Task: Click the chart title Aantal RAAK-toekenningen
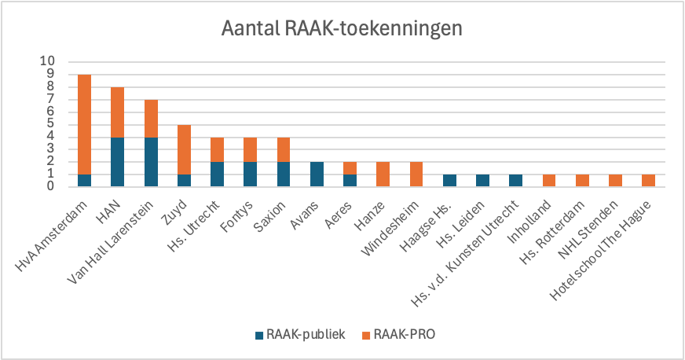[x=341, y=30]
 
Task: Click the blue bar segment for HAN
[x=118, y=161]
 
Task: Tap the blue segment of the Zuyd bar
[x=185, y=180]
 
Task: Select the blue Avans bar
[x=317, y=174]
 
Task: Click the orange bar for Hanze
[x=384, y=174]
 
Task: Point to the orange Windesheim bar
[x=417, y=174]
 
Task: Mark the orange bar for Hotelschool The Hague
[x=649, y=180]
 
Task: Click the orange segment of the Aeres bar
[x=351, y=167]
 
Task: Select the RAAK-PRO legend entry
[x=401, y=335]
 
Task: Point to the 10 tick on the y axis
[x=48, y=61]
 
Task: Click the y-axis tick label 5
[x=51, y=123]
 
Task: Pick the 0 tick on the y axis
[x=51, y=186]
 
